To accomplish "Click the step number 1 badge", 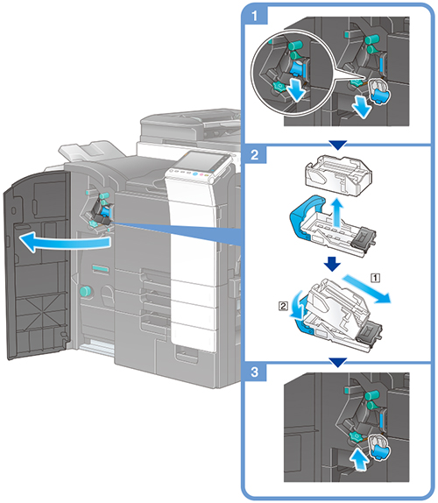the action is [x=255, y=16].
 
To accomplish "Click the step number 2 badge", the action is [x=255, y=154].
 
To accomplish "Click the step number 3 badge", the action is [x=255, y=372].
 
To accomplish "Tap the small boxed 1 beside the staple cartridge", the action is [x=376, y=278].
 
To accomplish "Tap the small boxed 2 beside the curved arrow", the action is [x=283, y=306].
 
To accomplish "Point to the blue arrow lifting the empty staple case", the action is [x=336, y=212].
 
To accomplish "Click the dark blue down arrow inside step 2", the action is [x=332, y=264].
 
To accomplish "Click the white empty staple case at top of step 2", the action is [x=338, y=174].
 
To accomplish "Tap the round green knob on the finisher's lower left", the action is [x=85, y=291].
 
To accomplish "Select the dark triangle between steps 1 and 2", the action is [x=338, y=145].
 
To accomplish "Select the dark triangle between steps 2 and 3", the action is [x=338, y=363].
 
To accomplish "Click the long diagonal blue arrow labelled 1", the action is [x=367, y=288].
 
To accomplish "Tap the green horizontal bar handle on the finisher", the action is [x=101, y=268].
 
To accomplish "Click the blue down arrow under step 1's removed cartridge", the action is [x=363, y=107].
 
